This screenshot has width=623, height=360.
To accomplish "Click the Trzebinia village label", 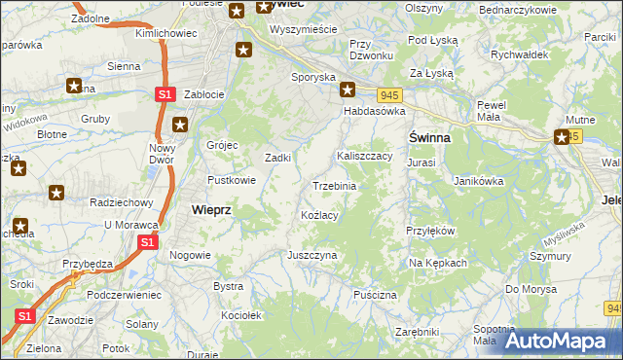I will (x=333, y=186).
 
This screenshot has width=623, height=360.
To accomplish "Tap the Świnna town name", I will (x=428, y=138).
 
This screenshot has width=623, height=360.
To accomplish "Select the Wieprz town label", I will (x=211, y=209).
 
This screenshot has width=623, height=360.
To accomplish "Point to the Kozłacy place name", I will (x=319, y=215).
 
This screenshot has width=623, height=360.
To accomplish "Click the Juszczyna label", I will (x=311, y=255).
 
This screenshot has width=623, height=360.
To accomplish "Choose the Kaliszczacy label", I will (x=364, y=156).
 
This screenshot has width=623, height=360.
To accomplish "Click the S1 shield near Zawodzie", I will (x=25, y=317).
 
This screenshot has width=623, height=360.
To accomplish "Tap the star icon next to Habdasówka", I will (x=348, y=90).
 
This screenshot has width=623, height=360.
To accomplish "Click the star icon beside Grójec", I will (x=180, y=125).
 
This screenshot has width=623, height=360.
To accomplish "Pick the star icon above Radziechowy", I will (x=56, y=193).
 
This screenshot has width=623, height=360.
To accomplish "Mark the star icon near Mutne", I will (x=563, y=138).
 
